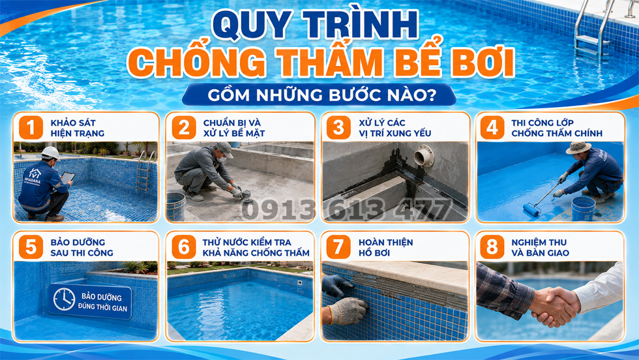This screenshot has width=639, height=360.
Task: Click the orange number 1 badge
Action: pyautogui.click(x=31, y=128)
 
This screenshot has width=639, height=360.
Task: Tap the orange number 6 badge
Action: pyautogui.click(x=184, y=247)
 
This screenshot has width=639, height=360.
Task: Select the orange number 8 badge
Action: pyautogui.click(x=492, y=247)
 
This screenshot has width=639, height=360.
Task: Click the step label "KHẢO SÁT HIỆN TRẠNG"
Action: pyautogui.click(x=78, y=128)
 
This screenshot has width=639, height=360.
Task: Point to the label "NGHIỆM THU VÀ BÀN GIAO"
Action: pyautogui.click(x=540, y=247)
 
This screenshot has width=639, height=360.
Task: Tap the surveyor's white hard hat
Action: pyautogui.click(x=51, y=153)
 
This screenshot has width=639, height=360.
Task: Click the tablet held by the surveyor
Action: pyautogui.click(x=67, y=177)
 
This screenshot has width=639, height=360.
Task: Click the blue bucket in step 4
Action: pyautogui.click(x=583, y=209)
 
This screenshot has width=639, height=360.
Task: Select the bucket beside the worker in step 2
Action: pyautogui.click(x=176, y=206)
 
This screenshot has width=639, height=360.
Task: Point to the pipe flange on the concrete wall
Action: pyautogui.click(x=424, y=156)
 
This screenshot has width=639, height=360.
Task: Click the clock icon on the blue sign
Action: pyautogui.click(x=64, y=299)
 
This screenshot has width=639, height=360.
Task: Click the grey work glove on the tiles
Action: pyautogui.click(x=347, y=311)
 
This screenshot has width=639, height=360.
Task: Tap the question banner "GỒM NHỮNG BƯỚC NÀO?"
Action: pyautogui.click(x=319, y=95)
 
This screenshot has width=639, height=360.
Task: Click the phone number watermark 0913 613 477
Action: pyautogui.click(x=346, y=209)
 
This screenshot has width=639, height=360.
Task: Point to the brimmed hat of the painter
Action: pyautogui.click(x=578, y=147)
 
